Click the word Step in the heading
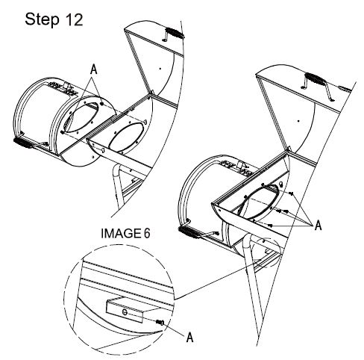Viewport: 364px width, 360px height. tap(42, 19)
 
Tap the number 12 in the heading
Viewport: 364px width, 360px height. tap(74, 19)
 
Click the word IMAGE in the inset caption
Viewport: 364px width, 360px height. tap(121, 233)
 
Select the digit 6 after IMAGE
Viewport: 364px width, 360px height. tap(147, 233)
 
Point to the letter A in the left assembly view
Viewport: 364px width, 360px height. tap(93, 69)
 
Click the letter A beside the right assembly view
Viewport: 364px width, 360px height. tap(318, 225)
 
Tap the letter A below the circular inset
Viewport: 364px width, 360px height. tap(189, 337)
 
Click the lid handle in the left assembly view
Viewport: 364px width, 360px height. tap(174, 34)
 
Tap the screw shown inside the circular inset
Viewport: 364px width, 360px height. tap(160, 323)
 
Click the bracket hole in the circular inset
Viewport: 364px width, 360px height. tap(125, 312)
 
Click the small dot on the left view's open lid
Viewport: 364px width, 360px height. tap(160, 69)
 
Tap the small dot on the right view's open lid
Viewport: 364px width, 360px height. tap(298, 121)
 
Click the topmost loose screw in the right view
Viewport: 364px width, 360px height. tap(292, 193)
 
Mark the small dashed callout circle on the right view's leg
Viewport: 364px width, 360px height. tap(266, 252)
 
